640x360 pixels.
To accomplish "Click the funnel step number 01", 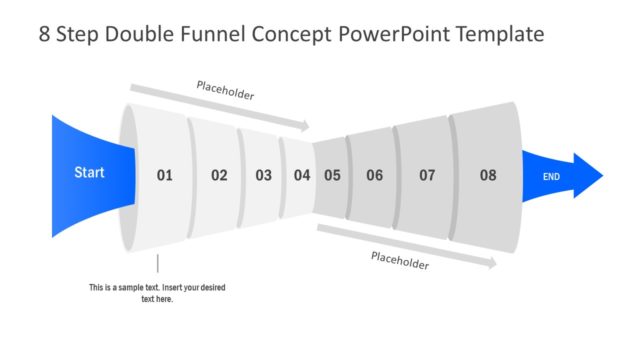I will (164, 175).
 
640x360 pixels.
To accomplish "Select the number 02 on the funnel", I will (219, 175).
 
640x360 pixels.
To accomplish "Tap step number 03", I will (263, 175).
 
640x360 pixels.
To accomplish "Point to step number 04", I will (302, 175).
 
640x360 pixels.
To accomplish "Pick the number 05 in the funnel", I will (332, 175).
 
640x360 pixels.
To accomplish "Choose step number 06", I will (374, 175).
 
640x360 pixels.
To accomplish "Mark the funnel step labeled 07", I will (427, 175).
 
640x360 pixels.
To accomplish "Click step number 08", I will (487, 175).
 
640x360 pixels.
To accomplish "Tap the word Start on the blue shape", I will (89, 173).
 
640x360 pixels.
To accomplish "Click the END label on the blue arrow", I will (551, 177).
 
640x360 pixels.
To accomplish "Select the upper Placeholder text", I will (225, 95).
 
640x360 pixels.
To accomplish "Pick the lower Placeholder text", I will (400, 261).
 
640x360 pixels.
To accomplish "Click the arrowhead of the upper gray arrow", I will (305, 126).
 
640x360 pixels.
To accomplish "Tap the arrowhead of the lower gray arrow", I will (492, 263).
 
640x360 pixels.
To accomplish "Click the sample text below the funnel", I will (157, 293).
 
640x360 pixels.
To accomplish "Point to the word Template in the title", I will (502, 34).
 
